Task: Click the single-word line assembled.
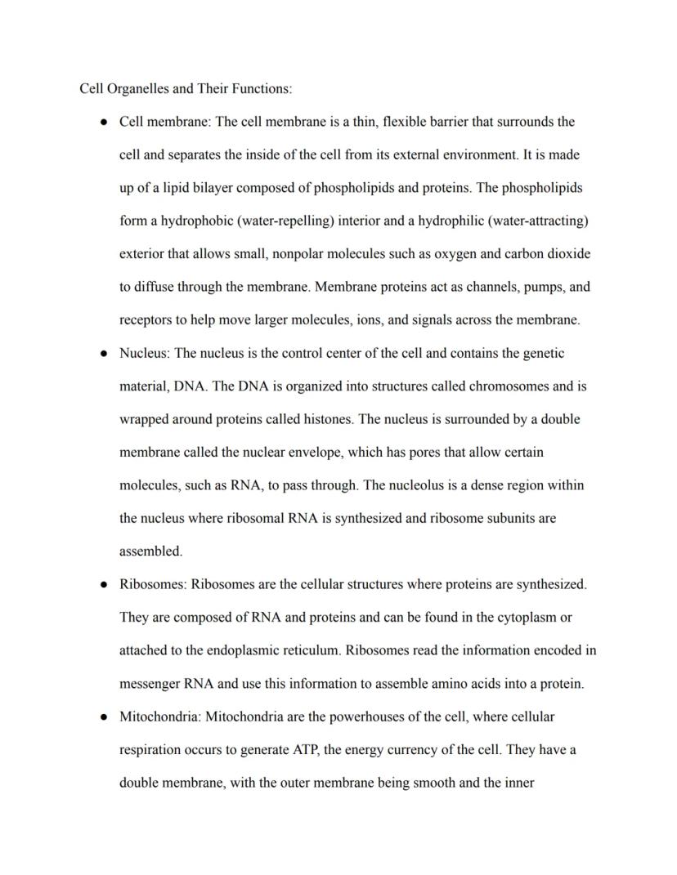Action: click(x=150, y=551)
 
